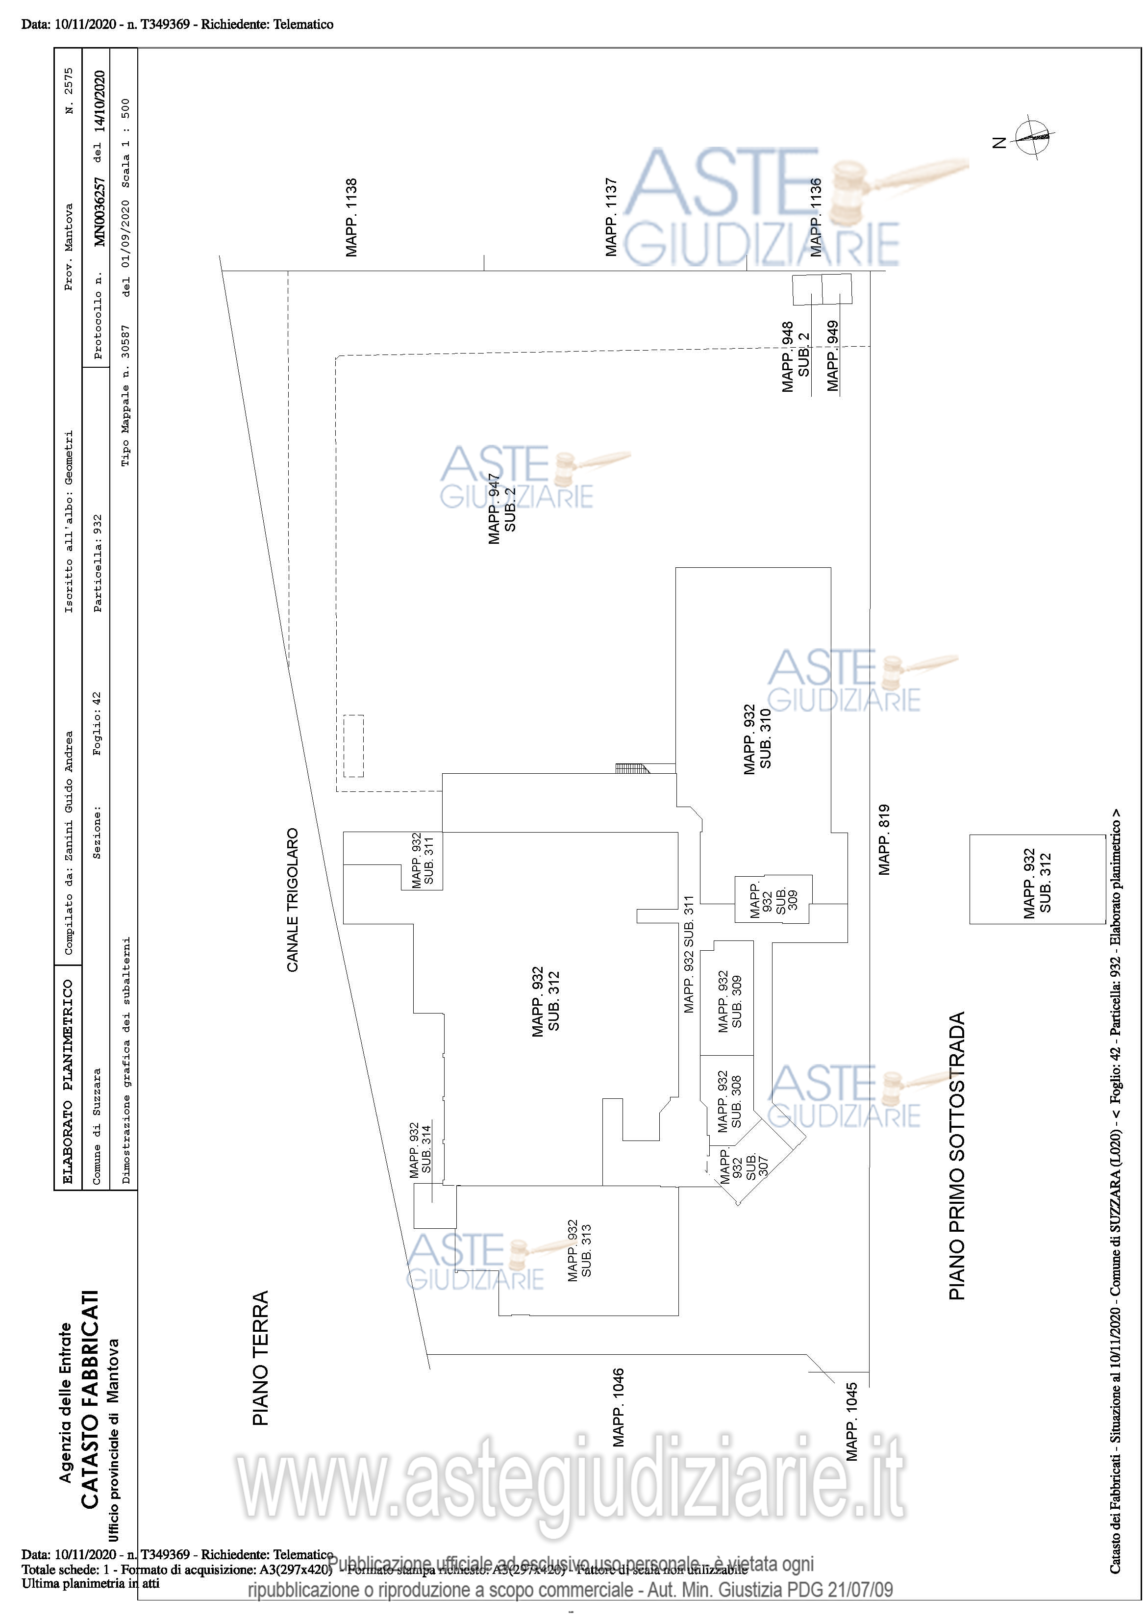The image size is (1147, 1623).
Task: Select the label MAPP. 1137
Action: [x=611, y=218]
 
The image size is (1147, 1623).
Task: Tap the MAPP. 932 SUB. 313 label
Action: [x=579, y=1250]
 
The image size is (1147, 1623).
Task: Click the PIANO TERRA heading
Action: [x=261, y=1357]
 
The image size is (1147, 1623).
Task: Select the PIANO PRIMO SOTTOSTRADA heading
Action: [x=957, y=1157]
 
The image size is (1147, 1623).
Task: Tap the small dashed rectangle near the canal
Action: [x=353, y=746]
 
